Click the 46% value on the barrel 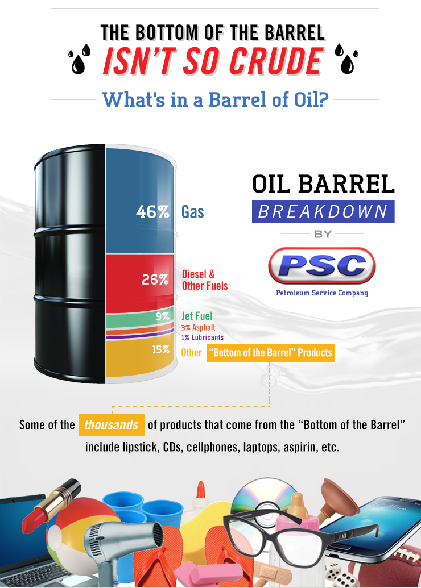(x=152, y=212)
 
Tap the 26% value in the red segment (x=155, y=280)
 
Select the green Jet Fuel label (x=197, y=316)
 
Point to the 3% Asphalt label (x=199, y=327)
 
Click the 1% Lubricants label (x=203, y=337)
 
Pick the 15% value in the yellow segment (x=161, y=349)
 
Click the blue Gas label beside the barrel (x=193, y=212)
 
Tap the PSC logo (x=322, y=265)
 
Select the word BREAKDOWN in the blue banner (x=323, y=211)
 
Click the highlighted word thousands (x=111, y=425)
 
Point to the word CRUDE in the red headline (x=276, y=61)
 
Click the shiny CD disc (x=263, y=499)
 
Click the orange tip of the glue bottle (x=201, y=489)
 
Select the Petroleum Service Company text (x=322, y=293)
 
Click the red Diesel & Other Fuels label (x=205, y=280)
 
